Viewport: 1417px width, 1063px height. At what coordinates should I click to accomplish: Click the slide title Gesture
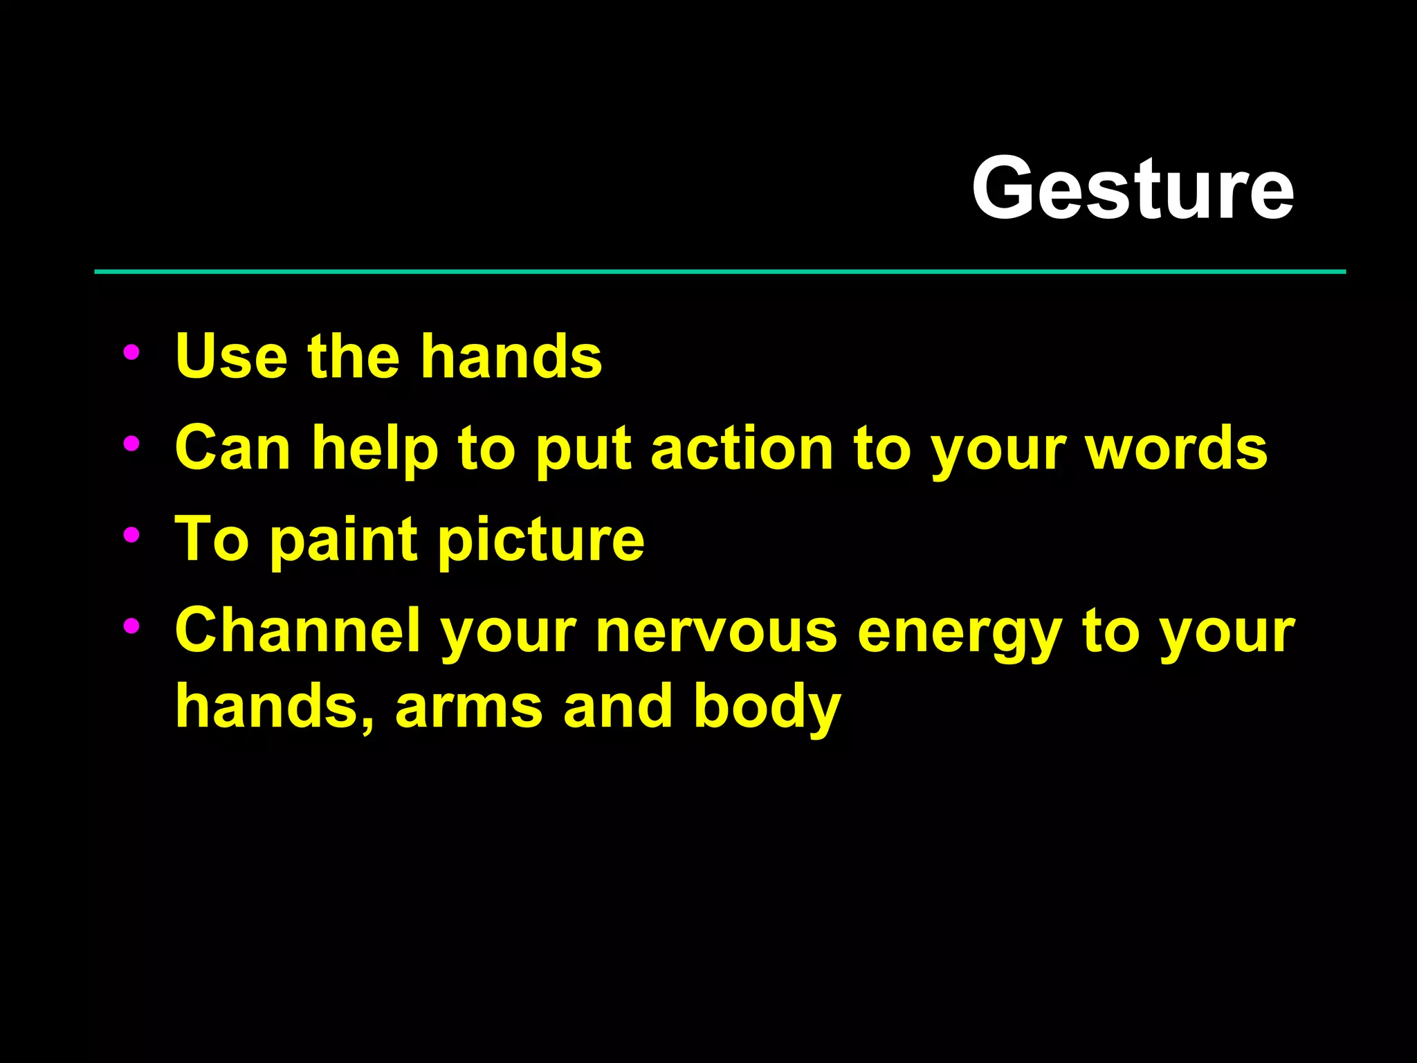(1133, 188)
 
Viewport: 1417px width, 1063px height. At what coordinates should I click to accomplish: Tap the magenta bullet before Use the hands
(131, 352)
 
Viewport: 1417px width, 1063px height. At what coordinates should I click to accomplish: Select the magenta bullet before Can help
(131, 444)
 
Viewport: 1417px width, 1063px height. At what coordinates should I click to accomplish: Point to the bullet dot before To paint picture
(131, 534)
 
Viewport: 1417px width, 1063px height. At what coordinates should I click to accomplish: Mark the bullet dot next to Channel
(131, 626)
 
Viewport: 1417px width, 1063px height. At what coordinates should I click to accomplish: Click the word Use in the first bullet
(231, 356)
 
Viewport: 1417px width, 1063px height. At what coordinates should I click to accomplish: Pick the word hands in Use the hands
(511, 356)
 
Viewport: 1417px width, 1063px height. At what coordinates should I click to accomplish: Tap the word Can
(232, 448)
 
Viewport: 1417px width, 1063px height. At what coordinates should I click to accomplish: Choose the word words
(1176, 448)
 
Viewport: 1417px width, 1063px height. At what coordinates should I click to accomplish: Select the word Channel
(298, 630)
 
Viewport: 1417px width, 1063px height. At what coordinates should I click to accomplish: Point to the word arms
(468, 707)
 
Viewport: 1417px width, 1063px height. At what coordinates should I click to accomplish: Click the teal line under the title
(720, 272)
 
